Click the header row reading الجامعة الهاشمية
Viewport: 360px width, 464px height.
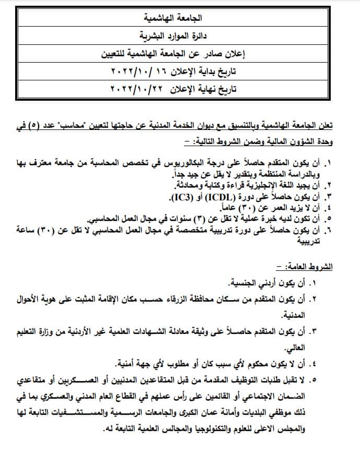coord(180,18)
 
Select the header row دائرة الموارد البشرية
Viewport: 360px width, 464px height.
coord(180,35)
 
